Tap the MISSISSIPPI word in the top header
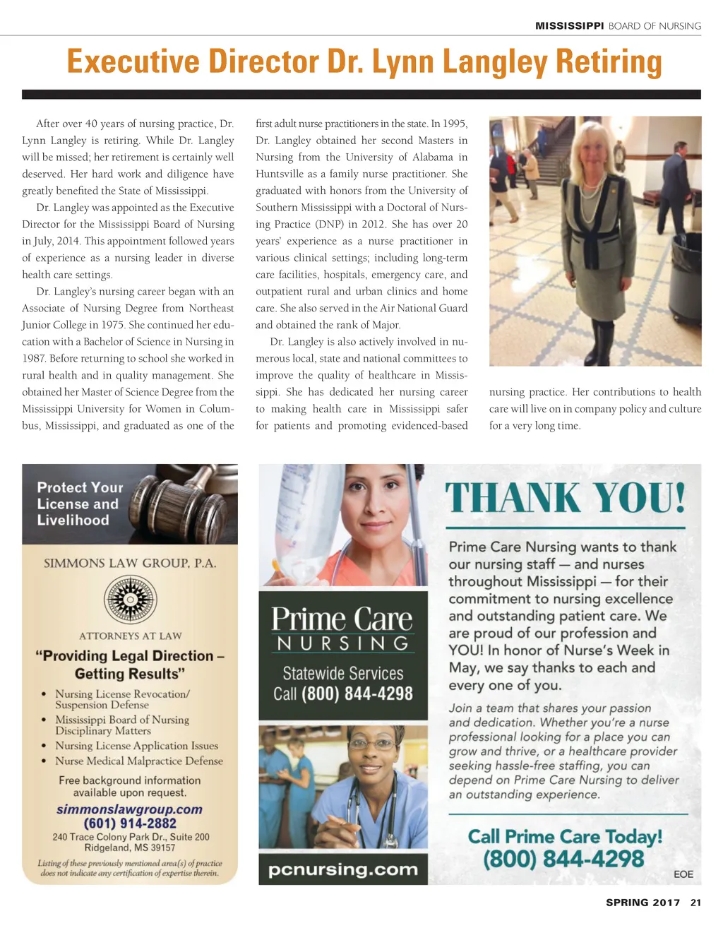569,26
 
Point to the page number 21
695,902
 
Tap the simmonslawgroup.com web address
129,809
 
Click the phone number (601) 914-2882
130,823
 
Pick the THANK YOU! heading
565,498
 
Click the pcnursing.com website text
342,869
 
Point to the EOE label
683,874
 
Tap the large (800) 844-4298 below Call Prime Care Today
563,859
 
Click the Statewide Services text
342,673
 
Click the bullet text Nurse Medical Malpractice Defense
139,761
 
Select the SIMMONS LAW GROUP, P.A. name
130,563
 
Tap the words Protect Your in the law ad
80,487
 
